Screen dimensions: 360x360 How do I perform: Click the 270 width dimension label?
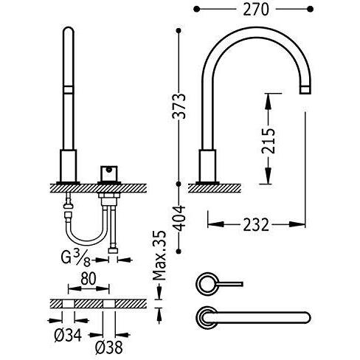[256, 10]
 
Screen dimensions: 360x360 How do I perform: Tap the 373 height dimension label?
[179, 106]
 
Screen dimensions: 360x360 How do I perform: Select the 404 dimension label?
[178, 218]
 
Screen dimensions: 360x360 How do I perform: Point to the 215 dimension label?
[268, 141]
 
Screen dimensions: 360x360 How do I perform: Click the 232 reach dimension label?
[256, 225]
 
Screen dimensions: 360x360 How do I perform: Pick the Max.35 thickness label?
[159, 255]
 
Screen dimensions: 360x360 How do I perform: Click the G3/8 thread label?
[76, 259]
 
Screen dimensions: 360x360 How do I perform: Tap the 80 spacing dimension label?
[88, 279]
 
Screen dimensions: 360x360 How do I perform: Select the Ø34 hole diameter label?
[68, 335]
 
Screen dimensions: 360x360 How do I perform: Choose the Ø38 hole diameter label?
[109, 347]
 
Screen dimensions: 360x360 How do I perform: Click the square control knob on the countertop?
[109, 173]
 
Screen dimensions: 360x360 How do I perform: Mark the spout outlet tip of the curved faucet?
[305, 89]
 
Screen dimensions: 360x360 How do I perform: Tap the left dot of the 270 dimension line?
[196, 10]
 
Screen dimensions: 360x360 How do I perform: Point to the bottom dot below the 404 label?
[179, 251]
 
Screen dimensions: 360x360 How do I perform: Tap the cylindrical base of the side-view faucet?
[207, 165]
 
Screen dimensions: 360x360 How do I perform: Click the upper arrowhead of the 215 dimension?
[268, 102]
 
